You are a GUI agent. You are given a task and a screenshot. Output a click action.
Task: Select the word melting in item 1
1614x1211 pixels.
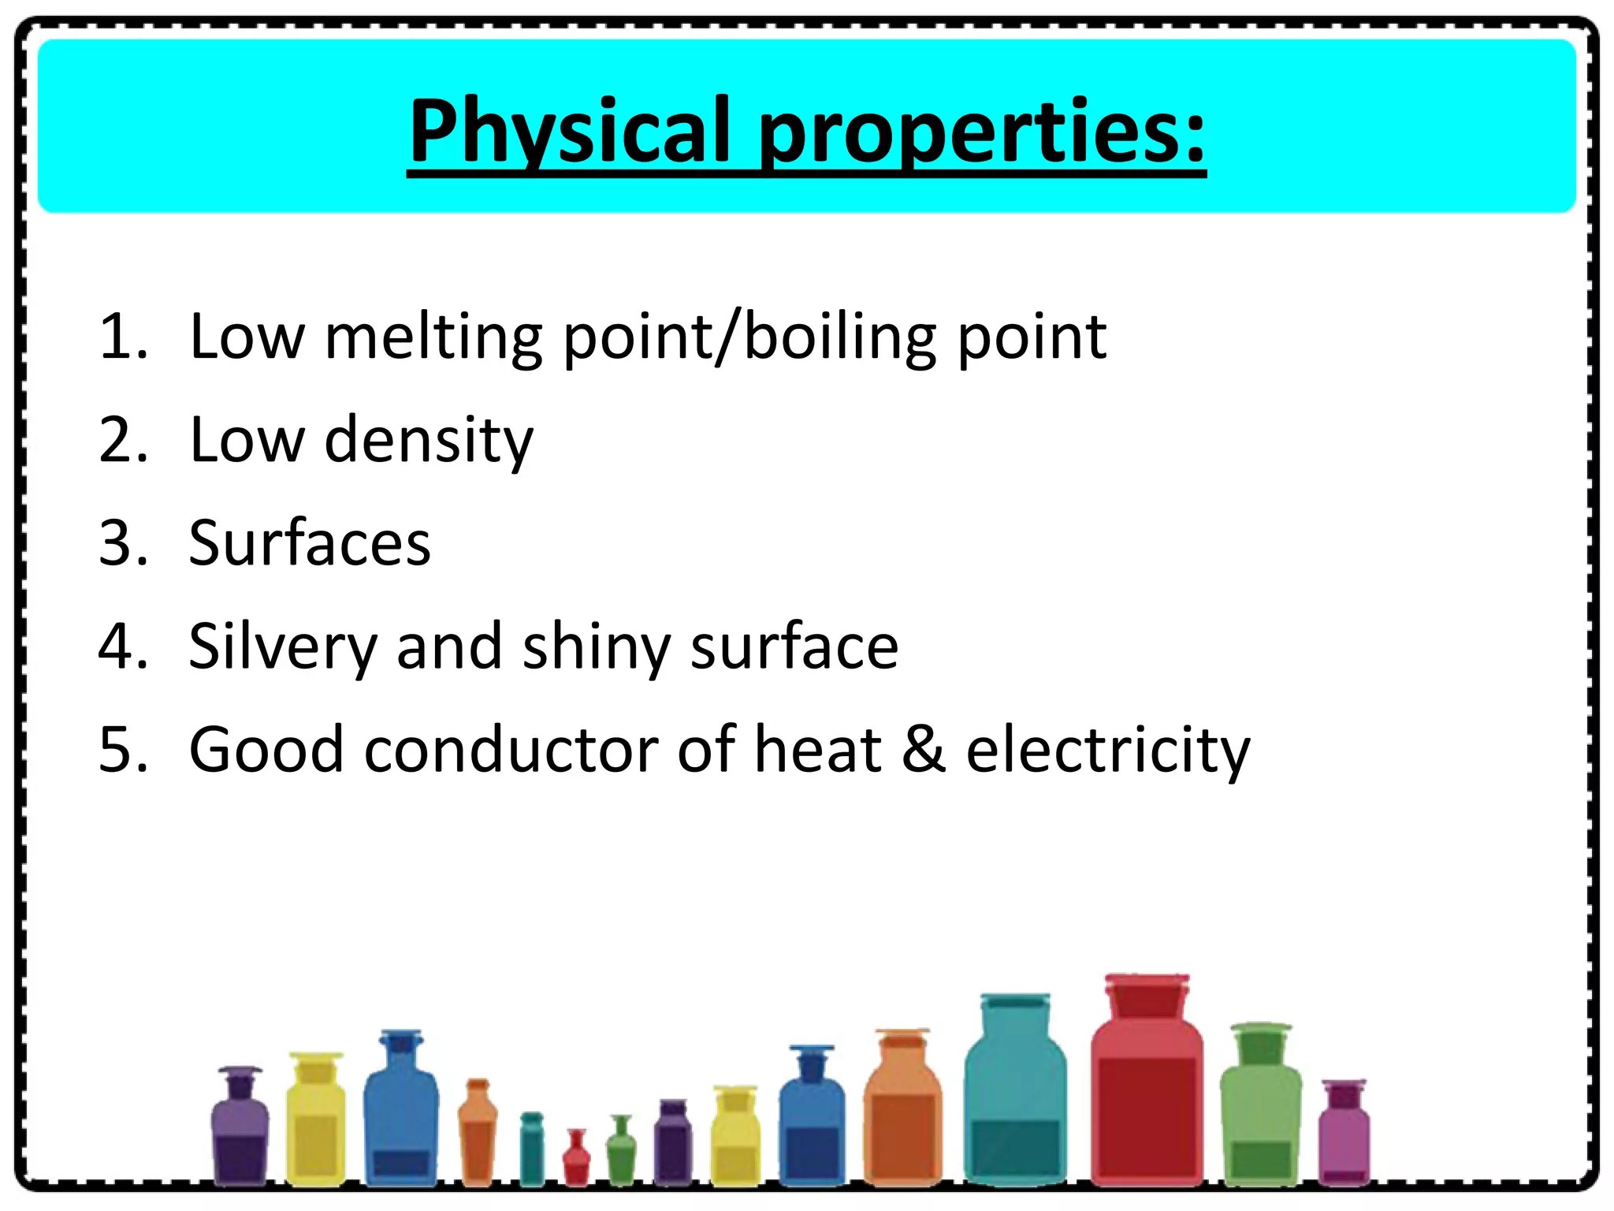433,337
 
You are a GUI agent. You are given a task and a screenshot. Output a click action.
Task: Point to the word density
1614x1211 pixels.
429,440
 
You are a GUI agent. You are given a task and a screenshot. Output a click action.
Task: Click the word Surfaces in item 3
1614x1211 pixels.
310,543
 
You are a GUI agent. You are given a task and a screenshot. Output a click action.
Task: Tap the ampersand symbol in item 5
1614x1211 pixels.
924,750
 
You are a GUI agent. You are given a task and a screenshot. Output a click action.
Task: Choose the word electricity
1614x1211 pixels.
1108,751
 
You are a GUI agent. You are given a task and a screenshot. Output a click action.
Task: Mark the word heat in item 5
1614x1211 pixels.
817,750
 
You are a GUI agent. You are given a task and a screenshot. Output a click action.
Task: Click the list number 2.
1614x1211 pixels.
122,440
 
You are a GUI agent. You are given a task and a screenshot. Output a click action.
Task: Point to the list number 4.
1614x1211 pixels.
122,647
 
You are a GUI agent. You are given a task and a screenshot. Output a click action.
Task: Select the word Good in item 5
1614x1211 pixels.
266,750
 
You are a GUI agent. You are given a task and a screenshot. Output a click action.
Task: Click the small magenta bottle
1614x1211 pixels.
1344,1135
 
